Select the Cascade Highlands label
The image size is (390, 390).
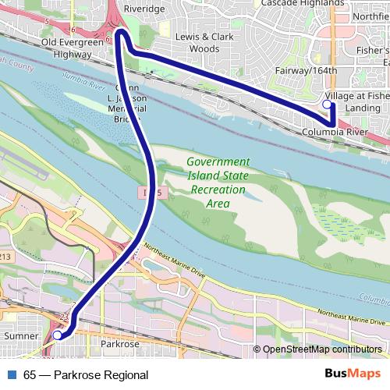[293, 3]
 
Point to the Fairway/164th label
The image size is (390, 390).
[306, 71]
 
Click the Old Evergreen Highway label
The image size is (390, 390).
[73, 48]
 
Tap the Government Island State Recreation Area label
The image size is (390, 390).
[218, 183]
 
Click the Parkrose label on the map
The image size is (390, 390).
[120, 343]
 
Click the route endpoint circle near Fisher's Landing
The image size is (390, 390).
[326, 104]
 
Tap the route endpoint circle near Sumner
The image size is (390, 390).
[57, 335]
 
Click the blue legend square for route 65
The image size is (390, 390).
[9, 375]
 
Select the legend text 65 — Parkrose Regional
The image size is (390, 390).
[86, 375]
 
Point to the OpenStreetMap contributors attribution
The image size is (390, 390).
[321, 349]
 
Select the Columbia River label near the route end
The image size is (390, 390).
[335, 133]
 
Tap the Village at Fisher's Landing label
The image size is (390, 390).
[356, 102]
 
